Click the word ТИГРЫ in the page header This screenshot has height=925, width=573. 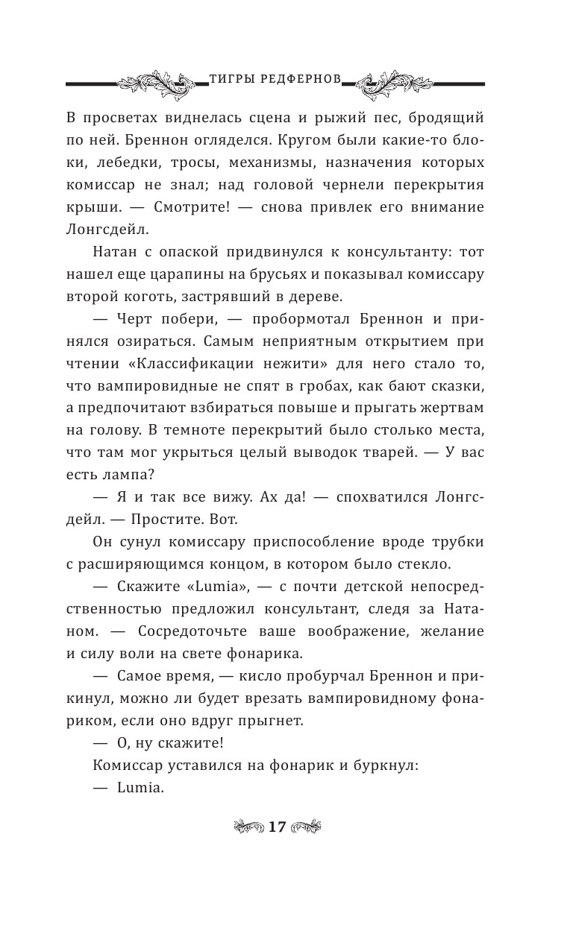tap(228, 78)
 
